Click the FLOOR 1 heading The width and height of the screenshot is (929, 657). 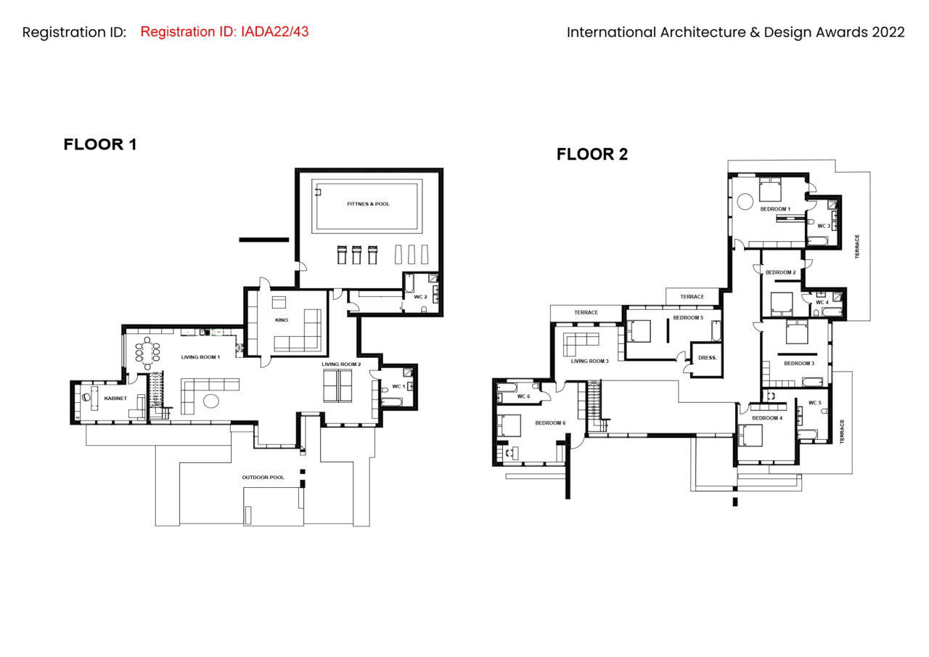point(100,144)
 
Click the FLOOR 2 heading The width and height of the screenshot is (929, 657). point(592,155)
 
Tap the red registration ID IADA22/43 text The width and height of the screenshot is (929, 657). point(224,31)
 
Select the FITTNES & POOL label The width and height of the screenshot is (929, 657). point(368,204)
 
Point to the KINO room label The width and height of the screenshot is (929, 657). point(281,320)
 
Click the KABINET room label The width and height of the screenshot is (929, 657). point(115,398)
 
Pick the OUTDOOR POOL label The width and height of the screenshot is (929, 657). point(263,478)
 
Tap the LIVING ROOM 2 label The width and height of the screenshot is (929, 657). point(341,364)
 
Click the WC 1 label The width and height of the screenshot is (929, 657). point(398,386)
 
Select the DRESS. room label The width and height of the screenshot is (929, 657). point(707,357)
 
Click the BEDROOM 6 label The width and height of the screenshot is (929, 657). point(550,423)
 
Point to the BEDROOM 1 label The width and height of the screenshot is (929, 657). point(775,209)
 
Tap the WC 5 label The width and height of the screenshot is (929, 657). point(814,403)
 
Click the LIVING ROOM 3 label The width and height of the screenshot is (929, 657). point(589,361)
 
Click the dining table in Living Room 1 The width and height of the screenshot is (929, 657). point(147,353)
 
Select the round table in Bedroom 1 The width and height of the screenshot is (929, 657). point(745,202)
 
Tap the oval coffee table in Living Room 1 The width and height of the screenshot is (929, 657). point(211,401)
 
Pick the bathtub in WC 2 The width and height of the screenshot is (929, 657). point(409,283)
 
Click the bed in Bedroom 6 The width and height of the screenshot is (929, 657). point(509,425)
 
